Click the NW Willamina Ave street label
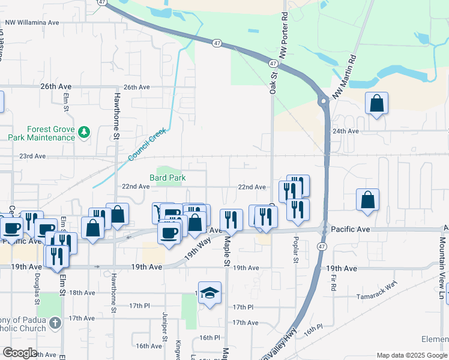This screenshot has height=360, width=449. [x=32, y=23]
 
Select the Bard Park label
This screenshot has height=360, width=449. [x=167, y=178]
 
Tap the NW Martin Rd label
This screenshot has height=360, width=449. [x=345, y=77]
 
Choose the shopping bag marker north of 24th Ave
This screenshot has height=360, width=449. [x=376, y=104]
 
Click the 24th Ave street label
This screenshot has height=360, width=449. [x=346, y=131]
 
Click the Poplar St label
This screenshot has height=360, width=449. [x=295, y=248]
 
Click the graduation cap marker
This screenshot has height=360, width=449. [x=209, y=293]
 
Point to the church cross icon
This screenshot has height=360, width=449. [x=55, y=323]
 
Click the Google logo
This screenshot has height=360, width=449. [x=20, y=353]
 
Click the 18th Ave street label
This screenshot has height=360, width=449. [x=82, y=292]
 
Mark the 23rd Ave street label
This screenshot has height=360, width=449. [x=32, y=156]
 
